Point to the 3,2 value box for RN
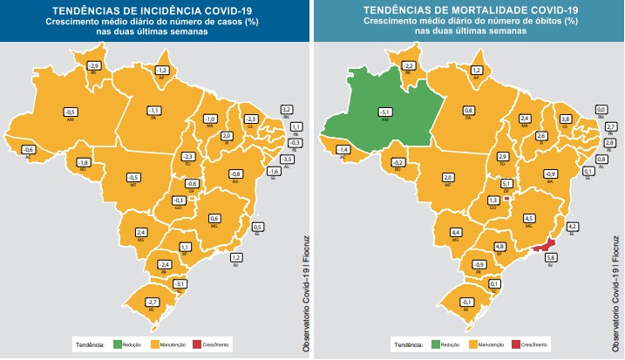click(x=285, y=109)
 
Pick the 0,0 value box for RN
click(x=599, y=109)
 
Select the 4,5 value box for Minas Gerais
click(x=528, y=218)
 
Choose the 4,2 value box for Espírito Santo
click(x=573, y=226)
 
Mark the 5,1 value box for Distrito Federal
click(x=506, y=184)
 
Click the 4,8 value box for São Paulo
click(x=500, y=247)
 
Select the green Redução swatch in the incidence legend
click(x=117, y=345)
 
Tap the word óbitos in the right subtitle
click(x=496, y=20)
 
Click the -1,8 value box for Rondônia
click(x=84, y=162)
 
